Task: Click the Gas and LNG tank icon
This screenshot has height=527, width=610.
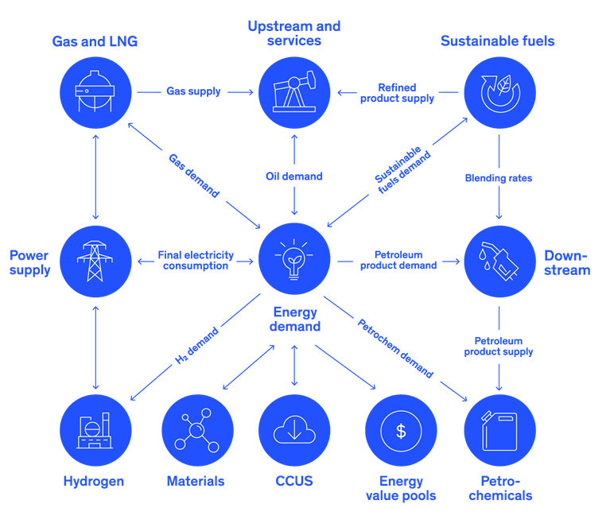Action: pyautogui.click(x=95, y=91)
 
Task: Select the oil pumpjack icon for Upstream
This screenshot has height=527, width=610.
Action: pyautogui.click(x=295, y=91)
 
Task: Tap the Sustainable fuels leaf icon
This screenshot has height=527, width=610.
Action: pyautogui.click(x=499, y=91)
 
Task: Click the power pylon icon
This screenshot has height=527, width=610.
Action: pyautogui.click(x=95, y=261)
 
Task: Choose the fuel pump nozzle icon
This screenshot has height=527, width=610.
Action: pyautogui.click(x=499, y=261)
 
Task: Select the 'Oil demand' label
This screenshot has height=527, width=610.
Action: pyautogui.click(x=294, y=176)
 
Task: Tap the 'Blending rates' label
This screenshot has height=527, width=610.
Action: pyautogui.click(x=499, y=178)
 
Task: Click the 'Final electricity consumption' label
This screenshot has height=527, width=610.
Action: pyautogui.click(x=196, y=261)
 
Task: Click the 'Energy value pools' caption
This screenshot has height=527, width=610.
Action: pyautogui.click(x=401, y=488)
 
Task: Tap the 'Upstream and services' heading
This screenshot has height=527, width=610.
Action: pyautogui.click(x=294, y=33)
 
